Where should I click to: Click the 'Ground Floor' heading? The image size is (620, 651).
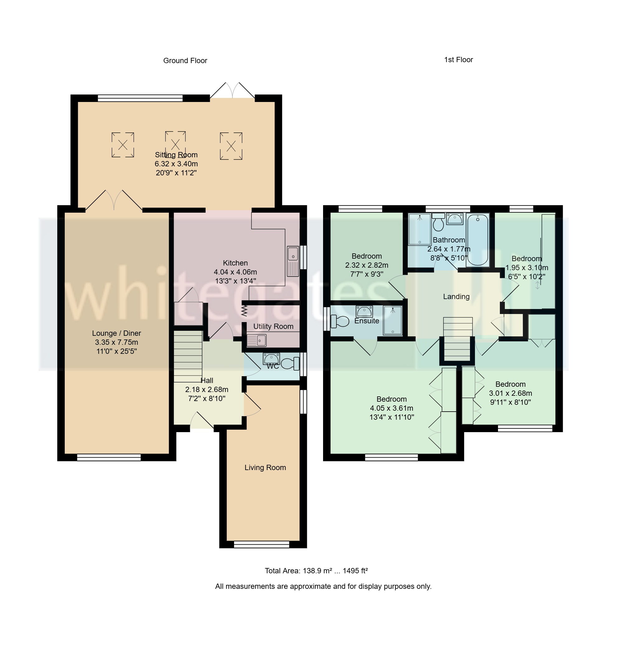pyautogui.click(x=185, y=61)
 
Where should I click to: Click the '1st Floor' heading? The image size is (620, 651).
pyautogui.click(x=458, y=60)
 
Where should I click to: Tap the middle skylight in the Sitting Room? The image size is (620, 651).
pyautogui.click(x=176, y=144)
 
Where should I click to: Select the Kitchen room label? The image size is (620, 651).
pyautogui.click(x=235, y=263)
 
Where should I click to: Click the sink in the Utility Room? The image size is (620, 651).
pyautogui.click(x=256, y=340)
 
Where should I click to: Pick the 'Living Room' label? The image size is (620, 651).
pyautogui.click(x=265, y=468)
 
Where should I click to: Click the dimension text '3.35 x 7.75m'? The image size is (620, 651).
pyautogui.click(x=116, y=342)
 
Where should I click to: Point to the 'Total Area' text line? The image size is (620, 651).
pyautogui.click(x=316, y=571)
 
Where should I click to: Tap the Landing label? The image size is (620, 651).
pyautogui.click(x=456, y=297)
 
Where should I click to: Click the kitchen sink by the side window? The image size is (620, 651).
pyautogui.click(x=293, y=261)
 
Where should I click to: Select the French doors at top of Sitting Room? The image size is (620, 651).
pyautogui.click(x=233, y=91)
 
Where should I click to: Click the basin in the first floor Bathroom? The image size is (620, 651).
pyautogui.click(x=455, y=219)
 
